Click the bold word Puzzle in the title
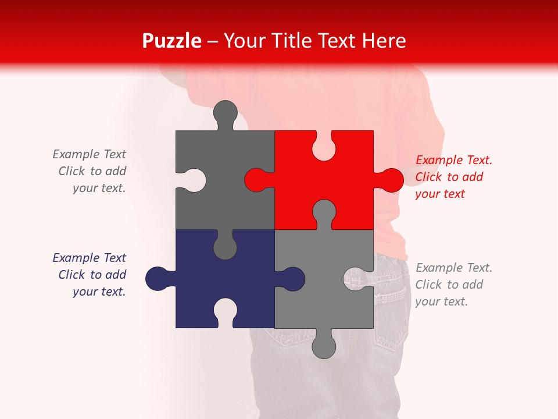(171, 41)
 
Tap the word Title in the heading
(290, 41)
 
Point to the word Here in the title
(384, 41)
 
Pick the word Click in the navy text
(71, 275)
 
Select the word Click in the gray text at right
(428, 285)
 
